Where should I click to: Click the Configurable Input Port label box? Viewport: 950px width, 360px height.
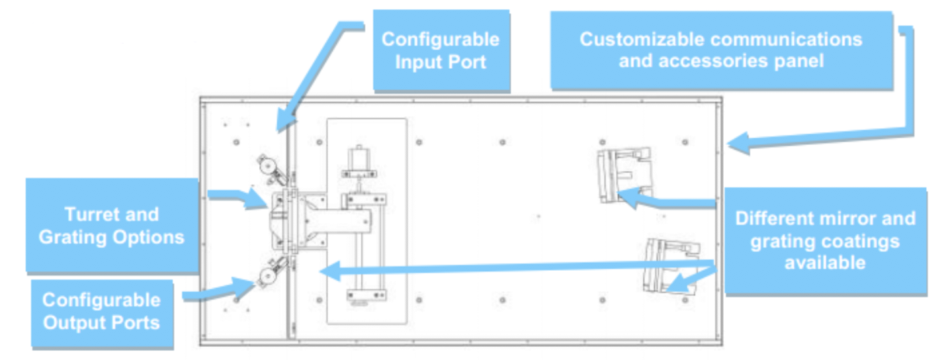pyautogui.click(x=441, y=50)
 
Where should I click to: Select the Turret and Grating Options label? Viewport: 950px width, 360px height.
pyautogui.click(x=112, y=225)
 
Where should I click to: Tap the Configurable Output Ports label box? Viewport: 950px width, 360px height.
pyautogui.click(x=102, y=311)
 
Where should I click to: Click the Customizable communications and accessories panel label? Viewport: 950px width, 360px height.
pyautogui.click(x=721, y=50)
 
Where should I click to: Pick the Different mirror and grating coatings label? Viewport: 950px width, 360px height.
pyautogui.click(x=825, y=240)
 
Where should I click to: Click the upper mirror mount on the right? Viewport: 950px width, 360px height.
pyautogui.click(x=623, y=176)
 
